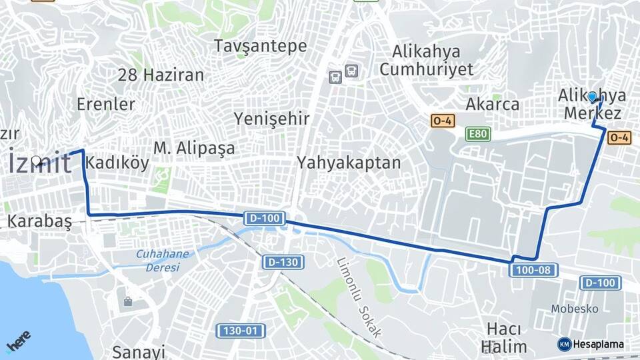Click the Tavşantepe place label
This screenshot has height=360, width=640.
tap(260, 46)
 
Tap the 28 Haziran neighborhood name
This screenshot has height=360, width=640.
tap(161, 75)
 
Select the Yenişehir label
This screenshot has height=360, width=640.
tap(271, 119)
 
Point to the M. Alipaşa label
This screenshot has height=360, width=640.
tap(194, 148)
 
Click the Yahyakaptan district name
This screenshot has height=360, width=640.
tap(349, 162)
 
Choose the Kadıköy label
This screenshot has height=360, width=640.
tap(117, 164)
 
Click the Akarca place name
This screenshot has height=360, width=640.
tap(492, 105)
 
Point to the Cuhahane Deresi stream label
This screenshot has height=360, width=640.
tap(162, 260)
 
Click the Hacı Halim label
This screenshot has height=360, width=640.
tap(503, 337)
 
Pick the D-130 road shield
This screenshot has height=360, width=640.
tap(283, 262)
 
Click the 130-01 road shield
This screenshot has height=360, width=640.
tap(241, 330)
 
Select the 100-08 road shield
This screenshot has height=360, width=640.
tap(533, 269)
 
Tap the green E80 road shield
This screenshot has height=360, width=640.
tap(477, 135)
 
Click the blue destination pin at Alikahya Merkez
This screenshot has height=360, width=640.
tap(592, 97)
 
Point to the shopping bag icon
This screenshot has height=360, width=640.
tap(127, 301)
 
